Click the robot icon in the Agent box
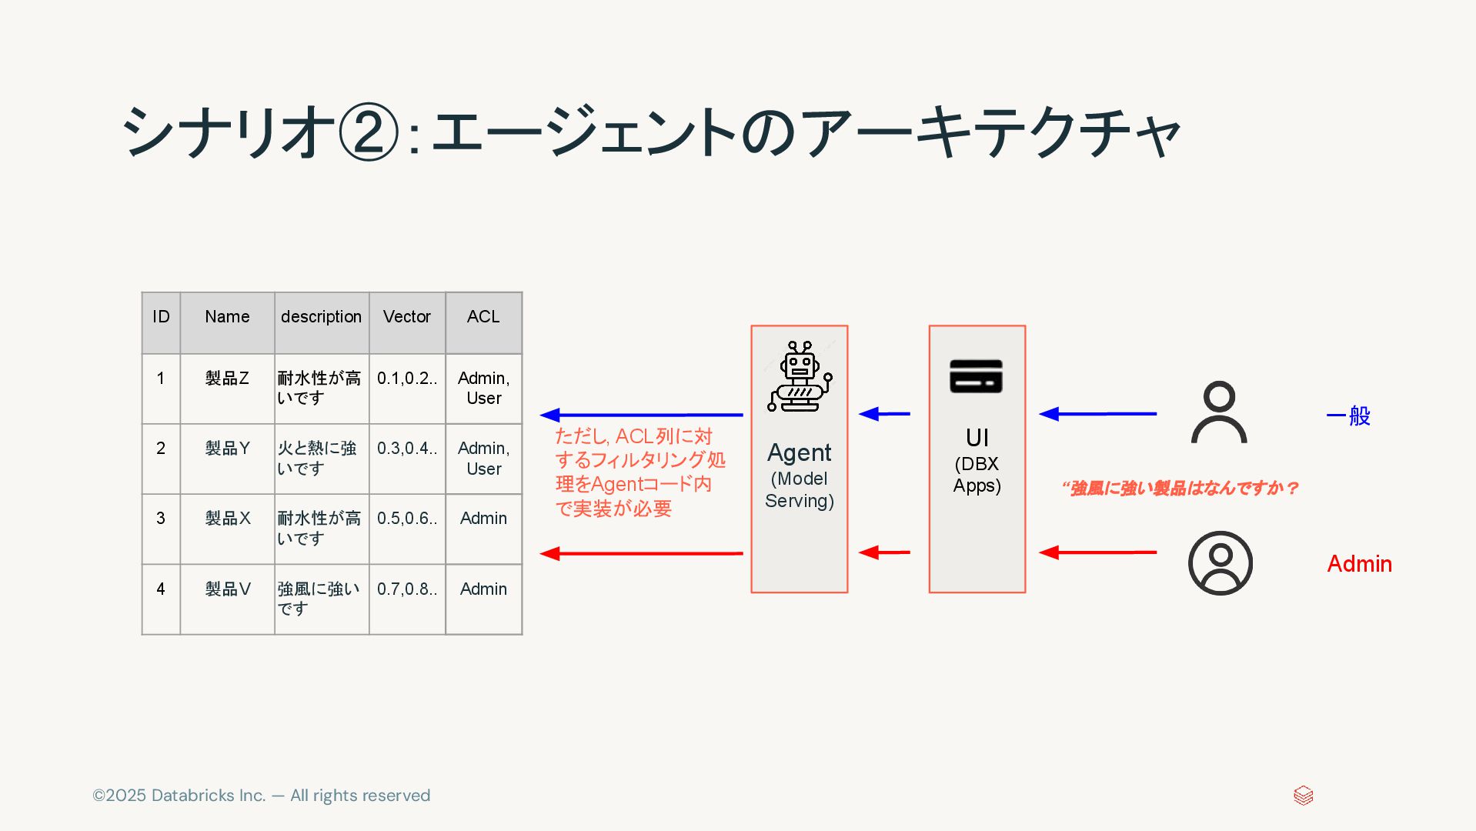pyautogui.click(x=800, y=377)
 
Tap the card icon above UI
pyautogui.click(x=976, y=376)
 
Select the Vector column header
pyautogui.click(x=407, y=317)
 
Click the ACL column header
pyautogui.click(x=483, y=317)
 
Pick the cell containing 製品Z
pyautogui.click(x=227, y=379)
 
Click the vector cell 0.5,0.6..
pyautogui.click(x=407, y=519)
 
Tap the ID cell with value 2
pyautogui.click(x=161, y=449)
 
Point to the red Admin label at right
pyautogui.click(x=1359, y=564)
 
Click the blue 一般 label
pyautogui.click(x=1349, y=416)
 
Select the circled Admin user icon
pyautogui.click(x=1220, y=563)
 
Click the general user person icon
pyautogui.click(x=1219, y=412)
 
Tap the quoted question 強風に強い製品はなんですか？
pyautogui.click(x=1180, y=488)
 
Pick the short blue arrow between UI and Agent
pyautogui.click(x=884, y=414)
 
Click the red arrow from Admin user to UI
pyautogui.click(x=1097, y=552)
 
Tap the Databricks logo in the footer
pyautogui.click(x=1303, y=796)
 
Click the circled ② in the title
pyautogui.click(x=368, y=132)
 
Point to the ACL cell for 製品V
pyautogui.click(x=483, y=589)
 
